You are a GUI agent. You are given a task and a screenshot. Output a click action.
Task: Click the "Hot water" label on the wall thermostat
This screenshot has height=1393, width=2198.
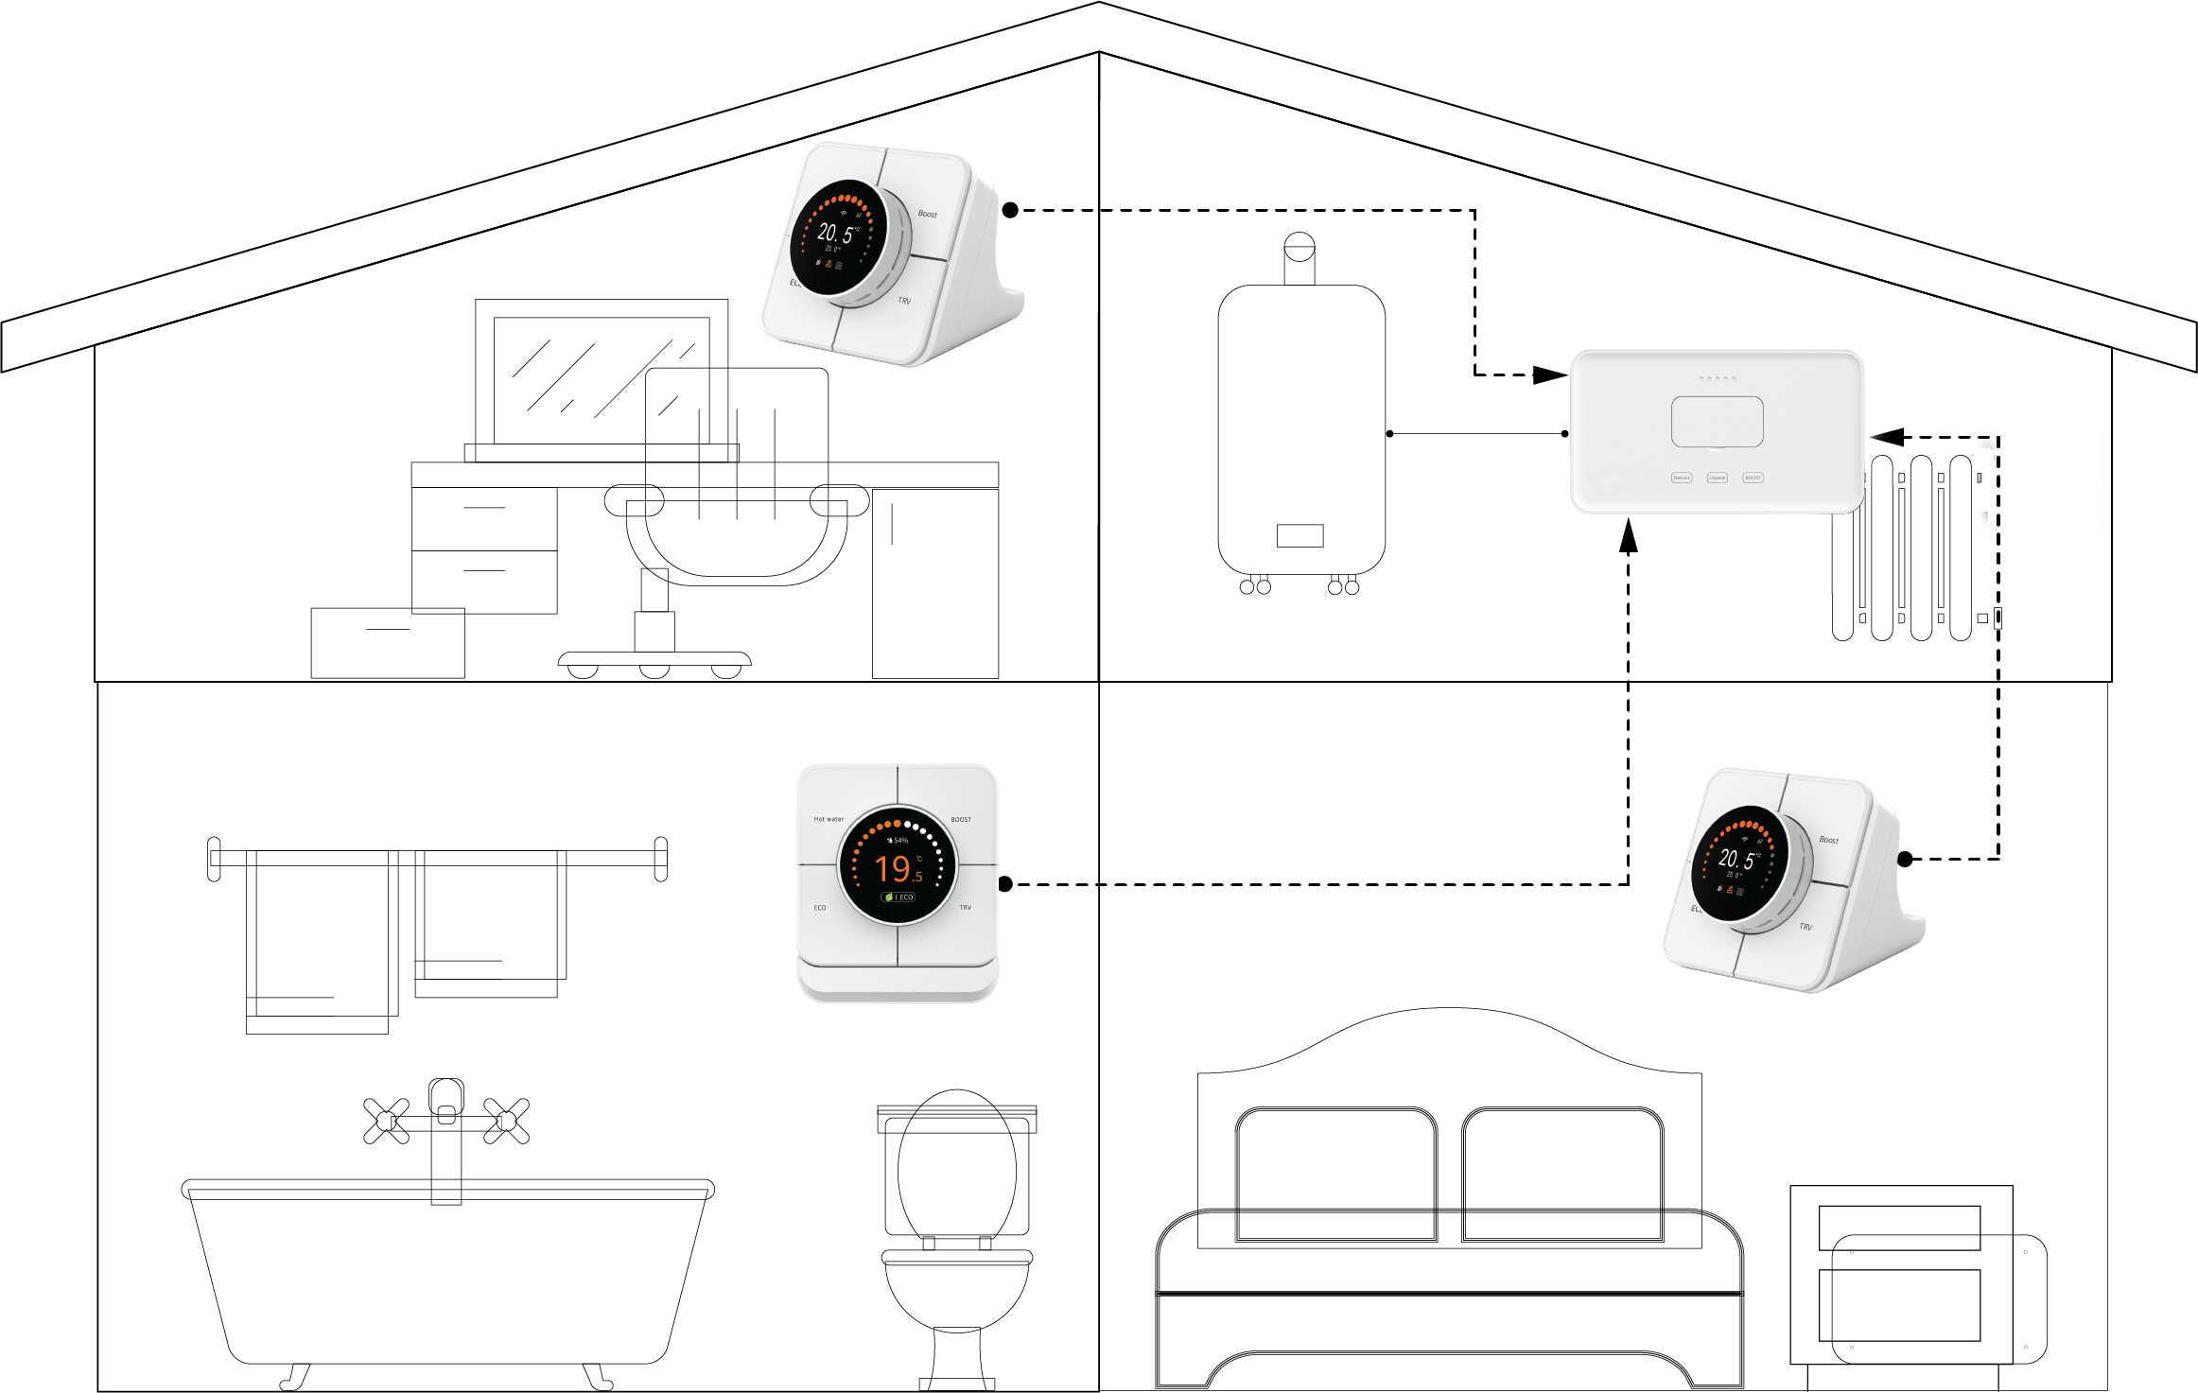coord(829,819)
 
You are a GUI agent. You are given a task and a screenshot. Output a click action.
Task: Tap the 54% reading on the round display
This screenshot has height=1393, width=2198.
coord(898,840)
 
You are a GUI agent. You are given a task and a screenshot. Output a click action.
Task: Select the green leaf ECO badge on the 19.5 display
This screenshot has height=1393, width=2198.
coord(898,897)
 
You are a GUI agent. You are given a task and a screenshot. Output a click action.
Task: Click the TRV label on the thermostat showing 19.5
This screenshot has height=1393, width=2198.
coord(965,908)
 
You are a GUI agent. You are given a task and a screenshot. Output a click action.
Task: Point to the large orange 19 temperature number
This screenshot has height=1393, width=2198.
coord(892,868)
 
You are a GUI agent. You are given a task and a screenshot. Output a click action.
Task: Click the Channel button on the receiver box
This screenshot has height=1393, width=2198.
coord(1717,478)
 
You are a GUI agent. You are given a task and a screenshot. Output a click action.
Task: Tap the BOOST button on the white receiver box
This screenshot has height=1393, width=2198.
coord(1753,478)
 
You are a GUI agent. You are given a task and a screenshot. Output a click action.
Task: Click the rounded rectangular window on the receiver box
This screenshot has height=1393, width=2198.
coord(1717,422)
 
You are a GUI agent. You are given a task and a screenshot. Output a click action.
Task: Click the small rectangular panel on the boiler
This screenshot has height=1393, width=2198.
coord(1300,536)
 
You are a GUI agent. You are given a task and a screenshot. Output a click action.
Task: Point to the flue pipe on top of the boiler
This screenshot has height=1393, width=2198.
coord(1300,259)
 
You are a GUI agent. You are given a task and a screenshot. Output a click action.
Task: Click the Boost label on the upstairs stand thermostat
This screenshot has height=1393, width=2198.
coord(927,214)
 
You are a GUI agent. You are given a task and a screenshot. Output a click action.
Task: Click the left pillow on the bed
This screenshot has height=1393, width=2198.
coord(1335,1173)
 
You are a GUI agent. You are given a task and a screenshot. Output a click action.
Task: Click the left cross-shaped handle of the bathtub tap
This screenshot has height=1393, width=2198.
coord(386,1121)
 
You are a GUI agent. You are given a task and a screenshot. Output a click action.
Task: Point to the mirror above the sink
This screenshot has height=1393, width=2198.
coord(602,378)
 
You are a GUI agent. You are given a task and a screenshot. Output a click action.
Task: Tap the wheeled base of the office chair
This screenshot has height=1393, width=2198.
coord(654,662)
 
